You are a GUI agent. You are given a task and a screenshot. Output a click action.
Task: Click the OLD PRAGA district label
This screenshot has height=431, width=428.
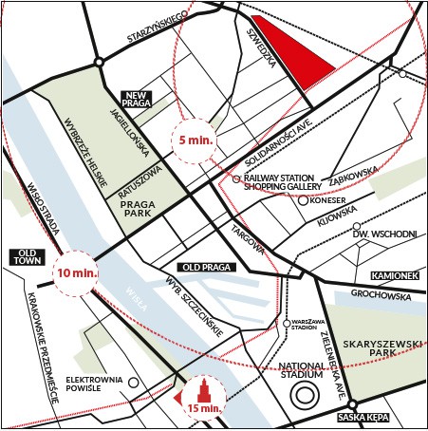point(204,267)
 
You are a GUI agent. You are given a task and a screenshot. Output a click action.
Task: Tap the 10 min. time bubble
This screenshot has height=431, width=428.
point(75,272)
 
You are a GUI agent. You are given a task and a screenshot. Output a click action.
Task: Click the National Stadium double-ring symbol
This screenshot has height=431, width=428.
point(306,395)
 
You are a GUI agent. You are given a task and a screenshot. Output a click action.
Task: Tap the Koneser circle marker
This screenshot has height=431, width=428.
point(303,200)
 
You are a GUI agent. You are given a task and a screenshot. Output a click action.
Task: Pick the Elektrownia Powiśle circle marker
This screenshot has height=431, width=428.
point(135,384)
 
